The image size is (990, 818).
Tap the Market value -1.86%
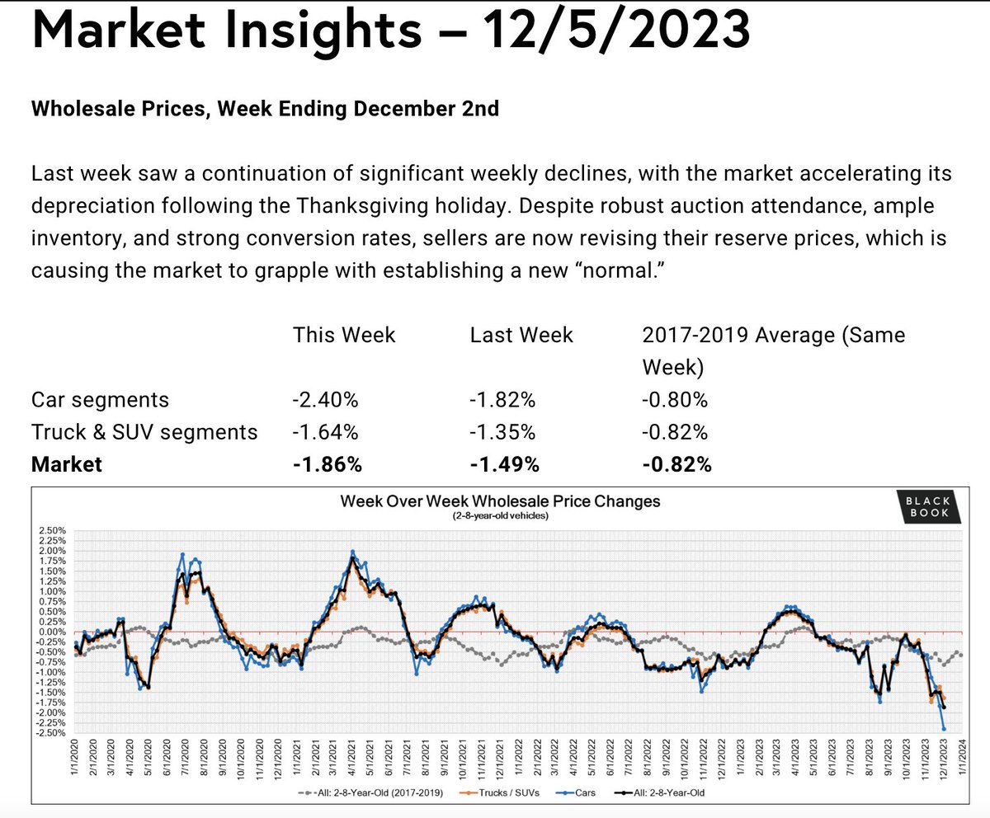pos(327,464)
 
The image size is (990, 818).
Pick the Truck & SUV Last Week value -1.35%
pos(502,432)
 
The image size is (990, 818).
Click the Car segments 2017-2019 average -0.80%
pos(675,401)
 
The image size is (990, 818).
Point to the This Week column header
pos(344,336)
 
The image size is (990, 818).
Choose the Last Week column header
pos(521,336)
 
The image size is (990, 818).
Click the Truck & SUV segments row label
pos(144,432)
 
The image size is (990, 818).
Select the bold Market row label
pos(67,464)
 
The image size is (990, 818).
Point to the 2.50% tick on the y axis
pos(52,530)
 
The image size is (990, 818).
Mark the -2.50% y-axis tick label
pos(51,733)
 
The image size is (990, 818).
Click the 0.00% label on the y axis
pos(52,632)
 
